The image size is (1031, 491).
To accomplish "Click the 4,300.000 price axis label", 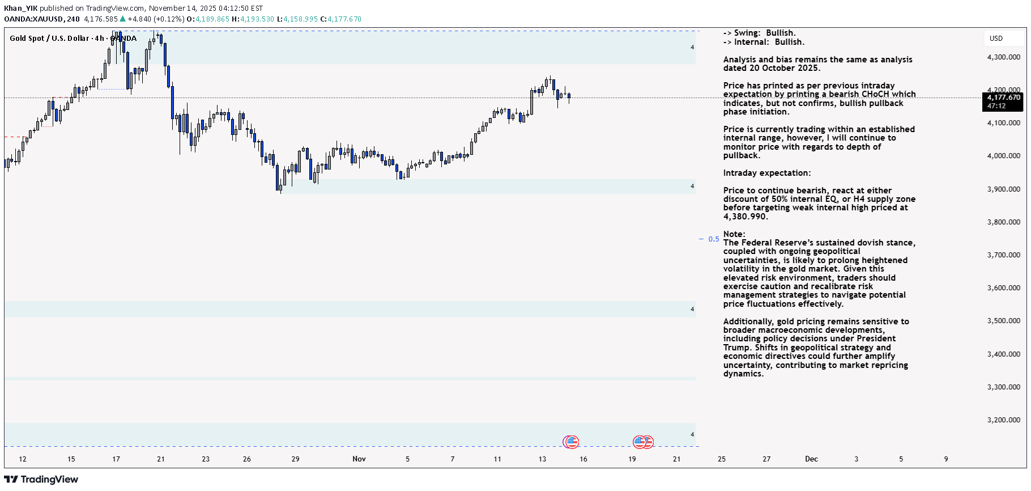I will tap(1003, 57).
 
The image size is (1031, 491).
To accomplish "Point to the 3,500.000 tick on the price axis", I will tap(1003, 321).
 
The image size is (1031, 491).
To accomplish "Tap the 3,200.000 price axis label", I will tap(1003, 420).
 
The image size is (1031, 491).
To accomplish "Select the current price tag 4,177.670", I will tap(1003, 98).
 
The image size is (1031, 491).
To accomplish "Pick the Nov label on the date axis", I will tap(359, 459).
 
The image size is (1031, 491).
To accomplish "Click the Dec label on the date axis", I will tap(811, 459).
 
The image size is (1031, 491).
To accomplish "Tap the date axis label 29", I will tap(295, 459).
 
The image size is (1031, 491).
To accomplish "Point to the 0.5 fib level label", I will tap(714, 239).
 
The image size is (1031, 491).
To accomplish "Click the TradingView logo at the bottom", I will tap(41, 480).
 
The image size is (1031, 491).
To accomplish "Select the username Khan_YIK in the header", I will tap(21, 9).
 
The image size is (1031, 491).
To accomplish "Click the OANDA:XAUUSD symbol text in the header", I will tap(33, 19).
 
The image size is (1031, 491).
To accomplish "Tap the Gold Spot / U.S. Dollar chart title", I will tap(49, 39).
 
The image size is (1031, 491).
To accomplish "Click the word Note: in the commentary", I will tap(734, 234).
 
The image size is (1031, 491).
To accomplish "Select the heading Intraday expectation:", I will tap(766, 173).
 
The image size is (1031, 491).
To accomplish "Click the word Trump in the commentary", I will tap(736, 348).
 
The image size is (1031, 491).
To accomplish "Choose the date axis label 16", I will tap(583, 459).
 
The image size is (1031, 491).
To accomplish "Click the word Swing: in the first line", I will tap(747, 33).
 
